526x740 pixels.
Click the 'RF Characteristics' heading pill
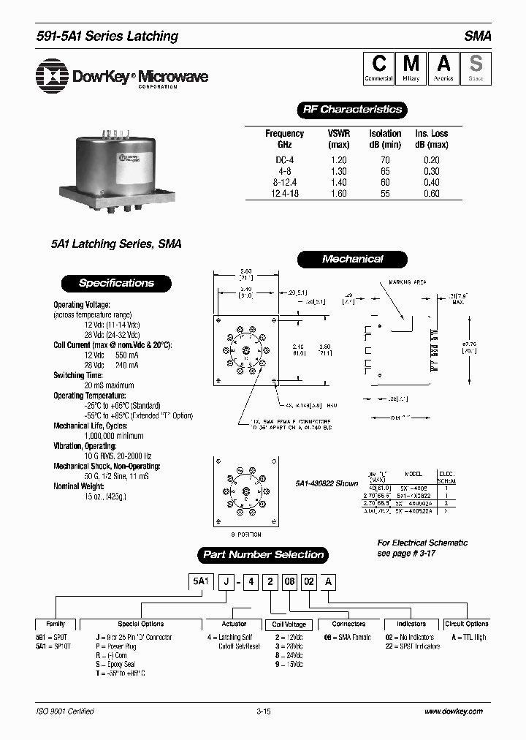[x=352, y=110]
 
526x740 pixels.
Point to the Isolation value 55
[x=385, y=194]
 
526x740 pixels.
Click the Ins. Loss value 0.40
[x=432, y=183]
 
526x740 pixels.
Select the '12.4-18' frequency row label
[x=284, y=194]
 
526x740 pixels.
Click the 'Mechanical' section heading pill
[x=352, y=259]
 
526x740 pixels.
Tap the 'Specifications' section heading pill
[x=116, y=283]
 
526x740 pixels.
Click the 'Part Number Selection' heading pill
[x=263, y=554]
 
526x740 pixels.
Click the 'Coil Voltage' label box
[x=289, y=624]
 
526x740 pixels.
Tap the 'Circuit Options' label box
[x=466, y=624]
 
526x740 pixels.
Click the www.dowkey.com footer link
[x=453, y=711]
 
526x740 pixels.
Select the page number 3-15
[x=264, y=711]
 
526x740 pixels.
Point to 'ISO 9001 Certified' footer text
[x=65, y=711]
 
